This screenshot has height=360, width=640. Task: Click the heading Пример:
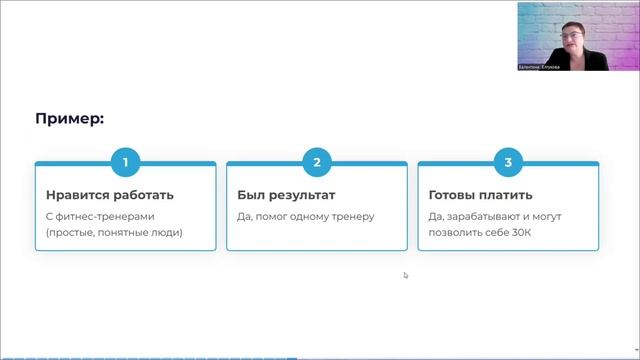coord(70,119)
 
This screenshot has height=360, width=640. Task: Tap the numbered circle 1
coord(125,161)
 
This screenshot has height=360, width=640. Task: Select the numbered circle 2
coord(317,161)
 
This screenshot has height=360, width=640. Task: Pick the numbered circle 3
coord(508,161)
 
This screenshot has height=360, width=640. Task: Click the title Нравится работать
coord(110,195)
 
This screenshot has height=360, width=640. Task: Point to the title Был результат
coord(286,195)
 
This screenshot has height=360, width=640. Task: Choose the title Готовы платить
coord(480,195)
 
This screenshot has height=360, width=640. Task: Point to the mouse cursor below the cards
coord(406,275)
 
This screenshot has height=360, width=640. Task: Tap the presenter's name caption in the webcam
coord(541,67)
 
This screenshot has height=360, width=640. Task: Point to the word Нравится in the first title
coord(74,195)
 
